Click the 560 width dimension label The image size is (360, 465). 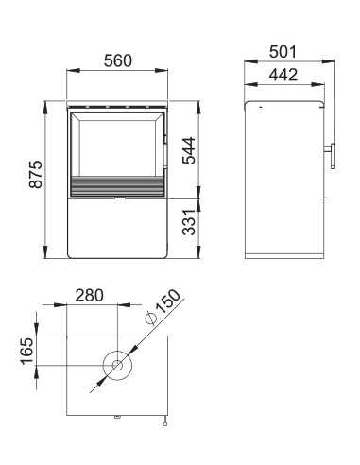click(x=118, y=60)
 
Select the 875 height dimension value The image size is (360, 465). click(x=36, y=174)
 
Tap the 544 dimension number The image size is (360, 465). click(x=189, y=150)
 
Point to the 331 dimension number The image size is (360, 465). click(x=189, y=222)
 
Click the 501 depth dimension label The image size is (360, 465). click(x=283, y=52)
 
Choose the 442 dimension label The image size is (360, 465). click(x=283, y=75)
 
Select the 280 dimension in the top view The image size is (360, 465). click(x=89, y=295)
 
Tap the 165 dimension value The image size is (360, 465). click(x=26, y=352)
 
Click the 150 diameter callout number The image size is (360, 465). click(x=169, y=301)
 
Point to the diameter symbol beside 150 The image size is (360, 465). click(x=150, y=319)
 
